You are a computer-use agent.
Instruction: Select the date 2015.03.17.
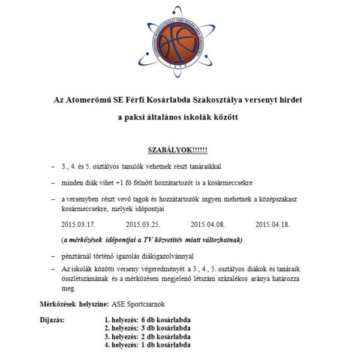pyautogui.click(x=79, y=225)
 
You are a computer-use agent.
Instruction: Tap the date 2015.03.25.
pyautogui.click(x=143, y=225)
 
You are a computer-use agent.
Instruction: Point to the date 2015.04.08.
pyautogui.click(x=207, y=225)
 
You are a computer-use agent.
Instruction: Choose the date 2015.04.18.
pyautogui.click(x=272, y=225)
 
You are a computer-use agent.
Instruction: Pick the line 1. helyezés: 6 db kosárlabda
pyautogui.click(x=147, y=320)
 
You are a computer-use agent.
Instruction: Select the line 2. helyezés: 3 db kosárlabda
pyautogui.click(x=147, y=328)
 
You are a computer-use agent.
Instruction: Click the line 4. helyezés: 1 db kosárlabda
pyautogui.click(x=147, y=345)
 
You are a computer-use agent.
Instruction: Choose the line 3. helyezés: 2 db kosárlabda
pyautogui.click(x=147, y=337)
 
